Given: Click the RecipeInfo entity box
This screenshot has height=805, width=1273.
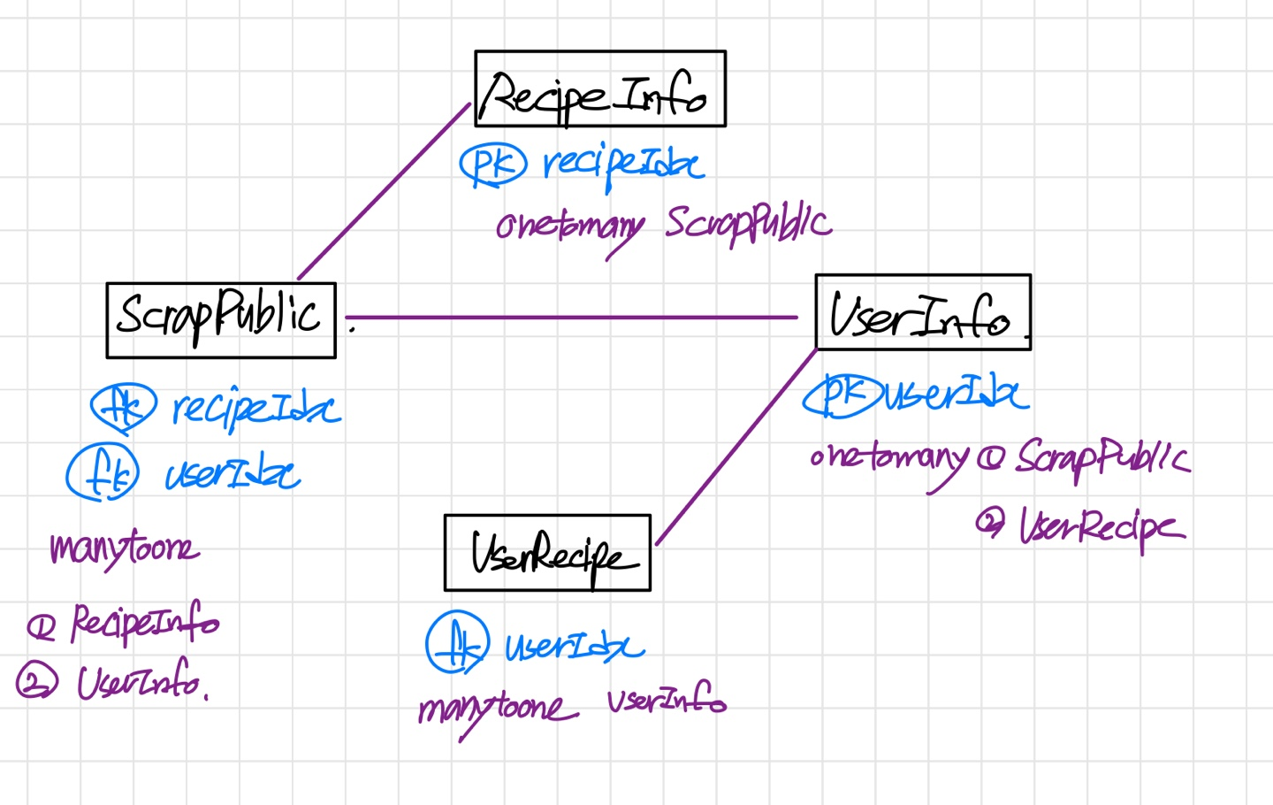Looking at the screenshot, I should [599, 88].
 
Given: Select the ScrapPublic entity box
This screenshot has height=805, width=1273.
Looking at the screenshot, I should [221, 320].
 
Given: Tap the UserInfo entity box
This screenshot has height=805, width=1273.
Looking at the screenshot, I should [922, 312].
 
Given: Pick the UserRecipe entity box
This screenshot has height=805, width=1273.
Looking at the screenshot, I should [547, 553].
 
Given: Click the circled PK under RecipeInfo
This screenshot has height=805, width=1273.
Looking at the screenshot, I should [492, 165].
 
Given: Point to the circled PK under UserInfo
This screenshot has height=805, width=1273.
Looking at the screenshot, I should [842, 395].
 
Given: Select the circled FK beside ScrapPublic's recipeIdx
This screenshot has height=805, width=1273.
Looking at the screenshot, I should [124, 407].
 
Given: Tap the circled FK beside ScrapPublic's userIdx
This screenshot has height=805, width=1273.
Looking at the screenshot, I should [103, 472].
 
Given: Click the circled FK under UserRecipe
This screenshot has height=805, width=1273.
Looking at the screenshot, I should [457, 643].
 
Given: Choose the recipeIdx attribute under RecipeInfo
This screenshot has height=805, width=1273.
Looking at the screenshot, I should [623, 165].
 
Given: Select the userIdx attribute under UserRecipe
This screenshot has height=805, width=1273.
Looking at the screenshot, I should [575, 647].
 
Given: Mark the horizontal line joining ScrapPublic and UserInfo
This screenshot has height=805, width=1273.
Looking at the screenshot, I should [571, 317].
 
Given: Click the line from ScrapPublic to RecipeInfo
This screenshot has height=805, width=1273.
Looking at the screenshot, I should [384, 191].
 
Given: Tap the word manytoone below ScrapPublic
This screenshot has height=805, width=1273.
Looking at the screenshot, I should [124, 549].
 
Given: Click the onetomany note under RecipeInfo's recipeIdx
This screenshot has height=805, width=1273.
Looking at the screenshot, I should [569, 226].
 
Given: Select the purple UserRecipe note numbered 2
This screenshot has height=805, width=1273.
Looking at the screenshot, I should [1101, 527].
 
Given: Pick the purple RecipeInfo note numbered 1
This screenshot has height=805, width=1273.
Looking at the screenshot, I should [144, 623].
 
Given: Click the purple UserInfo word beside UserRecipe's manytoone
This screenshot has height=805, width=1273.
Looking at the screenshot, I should [667, 701].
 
